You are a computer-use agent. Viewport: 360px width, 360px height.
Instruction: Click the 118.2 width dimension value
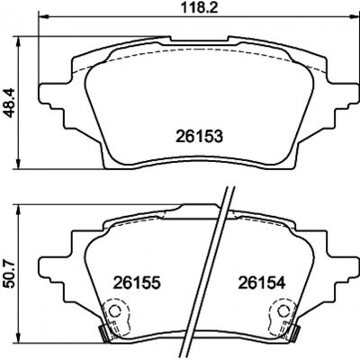[x=198, y=8]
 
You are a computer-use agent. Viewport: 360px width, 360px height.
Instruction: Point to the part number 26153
[x=200, y=136]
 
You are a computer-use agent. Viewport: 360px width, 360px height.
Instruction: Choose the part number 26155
[x=137, y=283]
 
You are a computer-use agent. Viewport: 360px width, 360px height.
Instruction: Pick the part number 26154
[x=261, y=283]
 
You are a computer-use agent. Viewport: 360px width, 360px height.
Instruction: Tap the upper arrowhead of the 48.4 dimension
[x=19, y=42]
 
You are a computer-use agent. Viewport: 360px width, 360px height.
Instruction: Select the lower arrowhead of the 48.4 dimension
[x=19, y=164]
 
